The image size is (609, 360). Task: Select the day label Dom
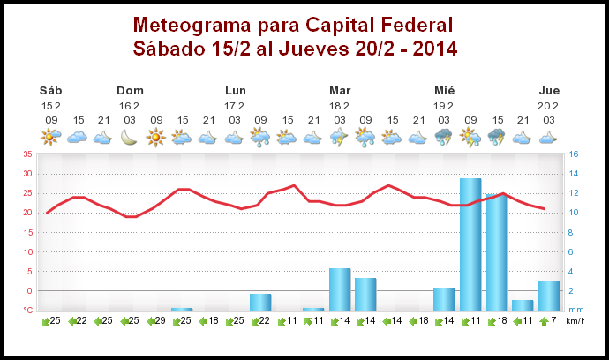130,90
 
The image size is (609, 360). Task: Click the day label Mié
445,90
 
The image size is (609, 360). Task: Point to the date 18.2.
341,105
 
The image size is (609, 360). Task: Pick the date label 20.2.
549,105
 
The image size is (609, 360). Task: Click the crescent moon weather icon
130,137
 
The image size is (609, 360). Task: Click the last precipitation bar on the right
549,295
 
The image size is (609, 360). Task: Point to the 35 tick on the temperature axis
27,154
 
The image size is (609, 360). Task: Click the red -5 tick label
28,310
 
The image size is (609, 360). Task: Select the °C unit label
28,310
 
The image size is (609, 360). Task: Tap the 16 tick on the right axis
574,154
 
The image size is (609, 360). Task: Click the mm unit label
575,310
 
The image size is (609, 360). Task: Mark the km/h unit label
575,321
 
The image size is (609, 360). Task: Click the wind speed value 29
160,321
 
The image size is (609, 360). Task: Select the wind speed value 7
553,321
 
